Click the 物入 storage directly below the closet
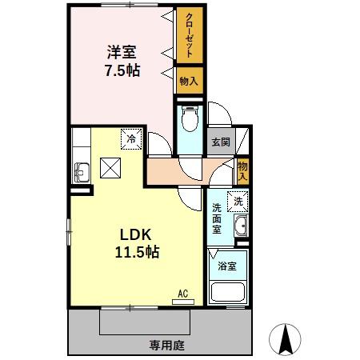click(x=189, y=80)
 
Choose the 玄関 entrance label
click(x=220, y=142)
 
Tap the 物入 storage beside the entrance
click(x=243, y=170)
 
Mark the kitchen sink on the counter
click(x=81, y=170)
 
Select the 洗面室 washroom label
click(x=217, y=218)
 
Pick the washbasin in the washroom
click(x=241, y=226)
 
